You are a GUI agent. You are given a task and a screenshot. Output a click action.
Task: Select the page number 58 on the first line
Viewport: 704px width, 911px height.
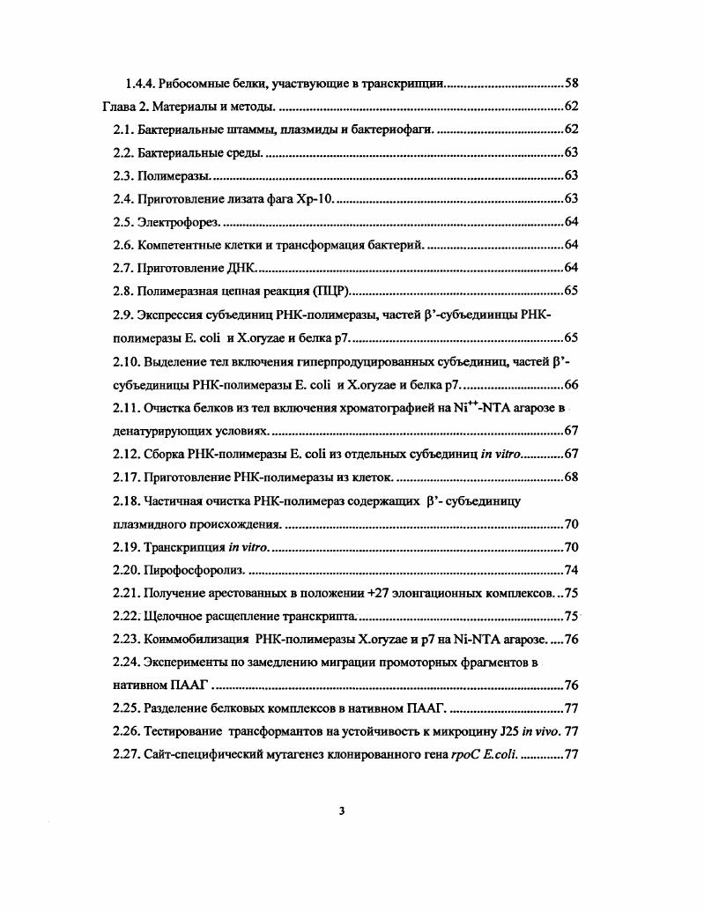click(x=570, y=85)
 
